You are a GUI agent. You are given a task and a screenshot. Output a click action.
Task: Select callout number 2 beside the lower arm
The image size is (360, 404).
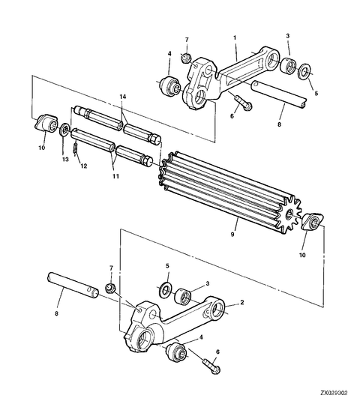pos(242,304)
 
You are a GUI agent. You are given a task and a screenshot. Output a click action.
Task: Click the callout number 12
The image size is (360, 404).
pos(84,166)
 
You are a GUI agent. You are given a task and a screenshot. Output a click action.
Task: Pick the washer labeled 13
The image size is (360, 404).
pos(65,130)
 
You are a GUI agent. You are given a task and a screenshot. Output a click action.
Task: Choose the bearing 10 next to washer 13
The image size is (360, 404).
pos(47,123)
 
